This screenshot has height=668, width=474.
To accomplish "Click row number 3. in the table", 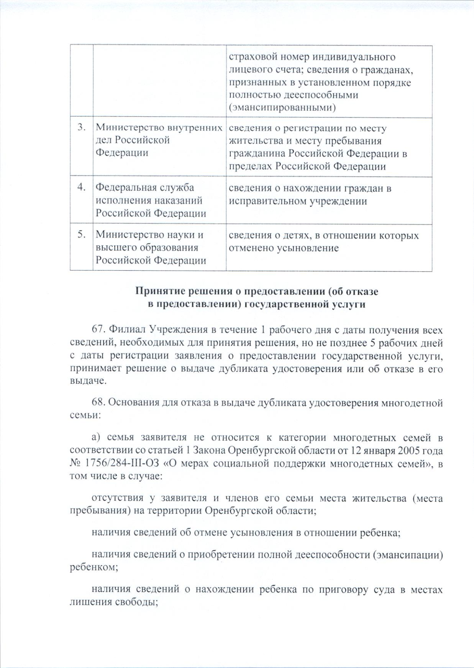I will tap(82, 128).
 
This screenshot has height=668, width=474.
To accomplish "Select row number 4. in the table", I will tap(82, 187).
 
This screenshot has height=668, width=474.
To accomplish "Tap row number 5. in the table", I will tap(82, 234).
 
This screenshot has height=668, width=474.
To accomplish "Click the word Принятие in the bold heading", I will tap(157, 292).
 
